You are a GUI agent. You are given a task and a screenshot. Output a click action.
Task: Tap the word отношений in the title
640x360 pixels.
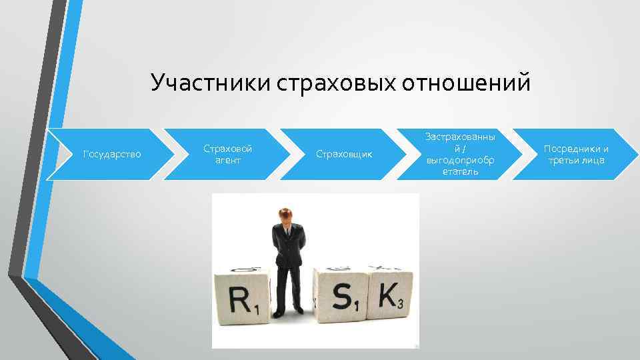point(467,83)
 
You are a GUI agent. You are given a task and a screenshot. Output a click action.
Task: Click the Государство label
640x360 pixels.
point(111,154)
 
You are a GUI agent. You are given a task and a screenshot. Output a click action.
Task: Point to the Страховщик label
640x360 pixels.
point(343,154)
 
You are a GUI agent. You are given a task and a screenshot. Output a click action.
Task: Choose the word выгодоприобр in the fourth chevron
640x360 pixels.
point(460,160)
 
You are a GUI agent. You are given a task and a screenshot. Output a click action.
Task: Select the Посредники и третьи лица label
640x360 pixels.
point(576,154)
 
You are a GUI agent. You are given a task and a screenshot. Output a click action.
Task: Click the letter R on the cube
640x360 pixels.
point(240,300)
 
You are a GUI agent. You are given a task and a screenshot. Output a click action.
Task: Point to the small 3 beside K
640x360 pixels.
point(400,305)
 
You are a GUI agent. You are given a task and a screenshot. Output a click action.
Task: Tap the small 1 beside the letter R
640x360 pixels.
point(257,308)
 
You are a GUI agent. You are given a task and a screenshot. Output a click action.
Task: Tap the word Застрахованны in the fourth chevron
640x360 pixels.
point(460,137)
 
